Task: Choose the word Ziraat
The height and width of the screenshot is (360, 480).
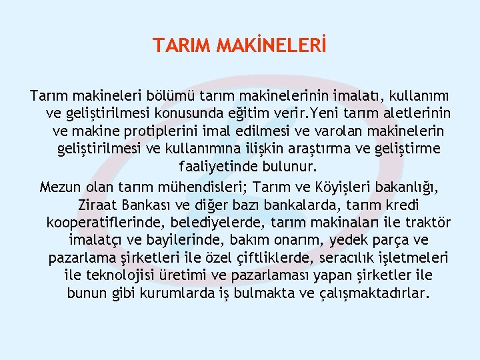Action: (x=99, y=204)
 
